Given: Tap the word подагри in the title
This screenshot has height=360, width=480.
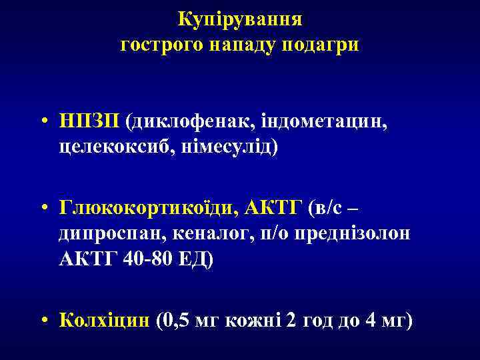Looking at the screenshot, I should tap(322, 46).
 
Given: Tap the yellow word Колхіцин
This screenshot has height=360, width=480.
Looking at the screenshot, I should tap(105, 322).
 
